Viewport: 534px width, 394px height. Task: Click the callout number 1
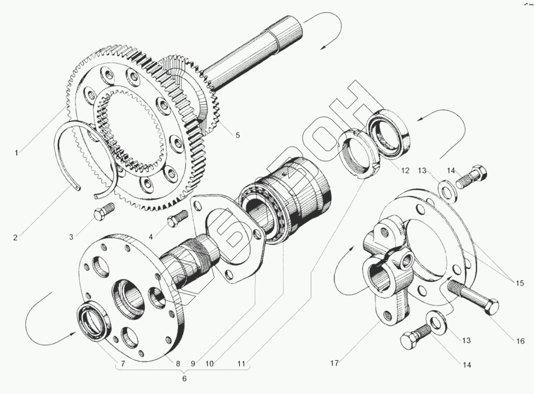16,153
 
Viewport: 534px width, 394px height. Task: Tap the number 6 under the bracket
185,379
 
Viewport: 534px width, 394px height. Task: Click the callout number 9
193,364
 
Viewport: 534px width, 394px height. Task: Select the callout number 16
521,341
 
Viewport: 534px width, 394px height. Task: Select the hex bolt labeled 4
178,218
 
